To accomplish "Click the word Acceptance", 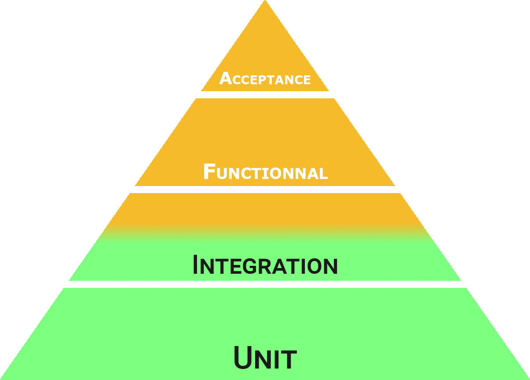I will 265,79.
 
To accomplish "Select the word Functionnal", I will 265,172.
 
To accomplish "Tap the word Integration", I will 265,265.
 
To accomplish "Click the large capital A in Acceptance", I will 225,78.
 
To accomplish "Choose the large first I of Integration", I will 196,265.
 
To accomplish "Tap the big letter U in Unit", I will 243,358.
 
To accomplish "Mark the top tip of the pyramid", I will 265,1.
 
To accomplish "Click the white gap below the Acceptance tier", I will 265,94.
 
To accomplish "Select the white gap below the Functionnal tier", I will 265,189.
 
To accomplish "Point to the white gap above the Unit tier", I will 265,284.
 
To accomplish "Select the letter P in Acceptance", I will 263,80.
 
